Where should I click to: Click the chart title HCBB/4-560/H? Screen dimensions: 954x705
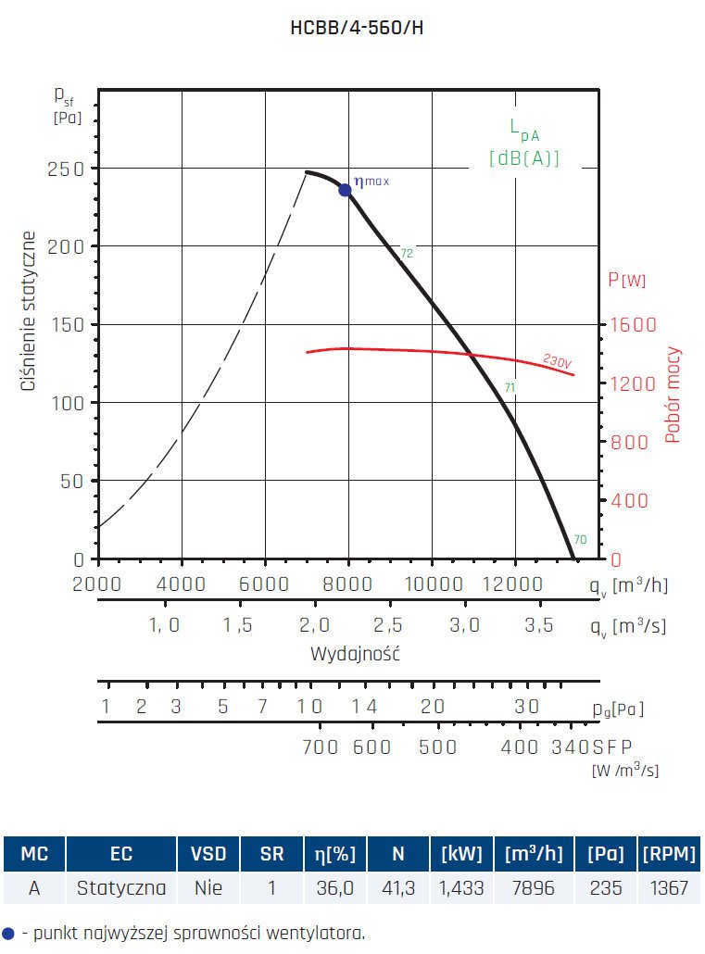click(358, 28)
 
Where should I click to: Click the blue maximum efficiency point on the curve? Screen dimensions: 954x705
click(345, 190)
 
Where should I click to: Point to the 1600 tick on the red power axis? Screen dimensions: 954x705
click(632, 325)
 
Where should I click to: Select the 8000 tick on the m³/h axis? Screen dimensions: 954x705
click(348, 584)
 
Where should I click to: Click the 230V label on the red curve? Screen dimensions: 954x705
click(557, 361)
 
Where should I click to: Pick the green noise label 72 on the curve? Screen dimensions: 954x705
click(406, 253)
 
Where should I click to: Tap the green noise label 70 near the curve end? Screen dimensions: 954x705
click(579, 540)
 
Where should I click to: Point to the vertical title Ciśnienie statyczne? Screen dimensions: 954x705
click(30, 310)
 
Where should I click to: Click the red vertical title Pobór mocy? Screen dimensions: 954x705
click(674, 395)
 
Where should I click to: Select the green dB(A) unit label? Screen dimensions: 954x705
click(524, 158)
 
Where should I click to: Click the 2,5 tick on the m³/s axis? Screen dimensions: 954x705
click(388, 625)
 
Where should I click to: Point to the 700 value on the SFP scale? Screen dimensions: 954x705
click(321, 747)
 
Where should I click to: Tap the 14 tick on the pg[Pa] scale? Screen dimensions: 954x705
click(365, 707)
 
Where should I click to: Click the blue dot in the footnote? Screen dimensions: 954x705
click(9, 932)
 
